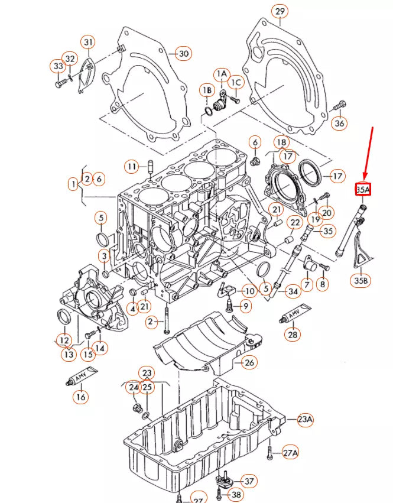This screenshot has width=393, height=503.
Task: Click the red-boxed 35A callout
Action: pyautogui.click(x=363, y=189)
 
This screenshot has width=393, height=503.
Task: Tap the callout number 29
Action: pyautogui.click(x=280, y=11)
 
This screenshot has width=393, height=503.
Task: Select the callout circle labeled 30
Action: pyautogui.click(x=184, y=54)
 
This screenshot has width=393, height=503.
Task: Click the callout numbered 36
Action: pyautogui.click(x=339, y=123)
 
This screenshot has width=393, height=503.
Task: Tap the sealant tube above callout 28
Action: pyautogui.click(x=295, y=313)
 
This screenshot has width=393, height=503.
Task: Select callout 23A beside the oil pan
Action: pyautogui.click(x=305, y=419)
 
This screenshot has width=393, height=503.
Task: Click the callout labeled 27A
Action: pyautogui.click(x=290, y=453)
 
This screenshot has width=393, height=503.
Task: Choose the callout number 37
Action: pyautogui.click(x=249, y=481)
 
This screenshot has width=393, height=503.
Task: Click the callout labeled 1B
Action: pyautogui.click(x=207, y=90)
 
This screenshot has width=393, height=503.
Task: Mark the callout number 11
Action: pyautogui.click(x=132, y=167)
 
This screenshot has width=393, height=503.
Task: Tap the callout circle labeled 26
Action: pyautogui.click(x=249, y=363)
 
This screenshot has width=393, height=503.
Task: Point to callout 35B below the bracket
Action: pyautogui.click(x=360, y=280)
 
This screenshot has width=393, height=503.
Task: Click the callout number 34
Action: pyautogui.click(x=293, y=291)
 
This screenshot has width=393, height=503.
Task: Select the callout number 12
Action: pyautogui.click(x=64, y=340)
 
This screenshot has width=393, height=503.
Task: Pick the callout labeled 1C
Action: pyautogui.click(x=236, y=82)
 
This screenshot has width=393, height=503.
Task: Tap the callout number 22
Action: pyautogui.click(x=294, y=222)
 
